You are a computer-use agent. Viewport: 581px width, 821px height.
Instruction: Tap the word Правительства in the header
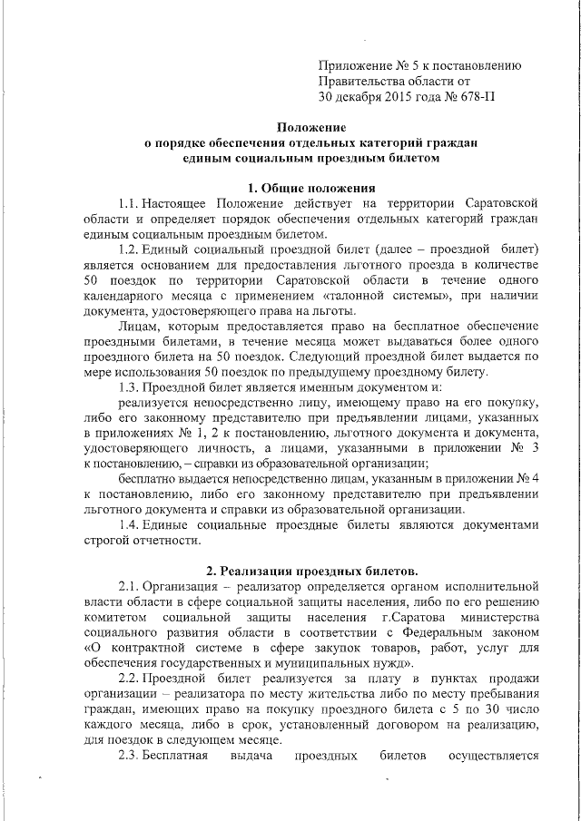pos(360,80)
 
